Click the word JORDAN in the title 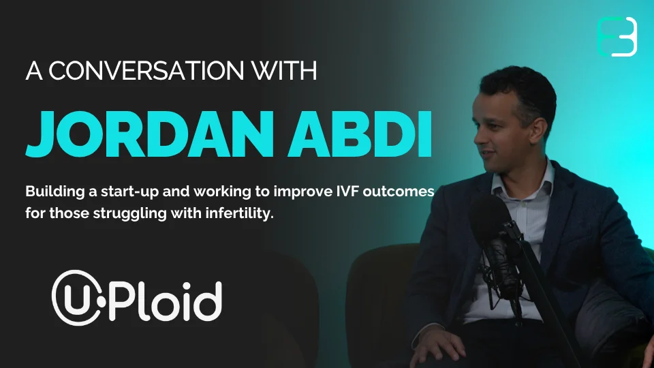pyautogui.click(x=150, y=134)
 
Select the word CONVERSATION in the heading pyautogui.click(x=146, y=70)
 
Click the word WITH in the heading pyautogui.click(x=284, y=70)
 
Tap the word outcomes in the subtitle pyautogui.click(x=399, y=191)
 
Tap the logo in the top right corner pyautogui.click(x=617, y=37)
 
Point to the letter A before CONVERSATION pyautogui.click(x=34, y=70)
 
